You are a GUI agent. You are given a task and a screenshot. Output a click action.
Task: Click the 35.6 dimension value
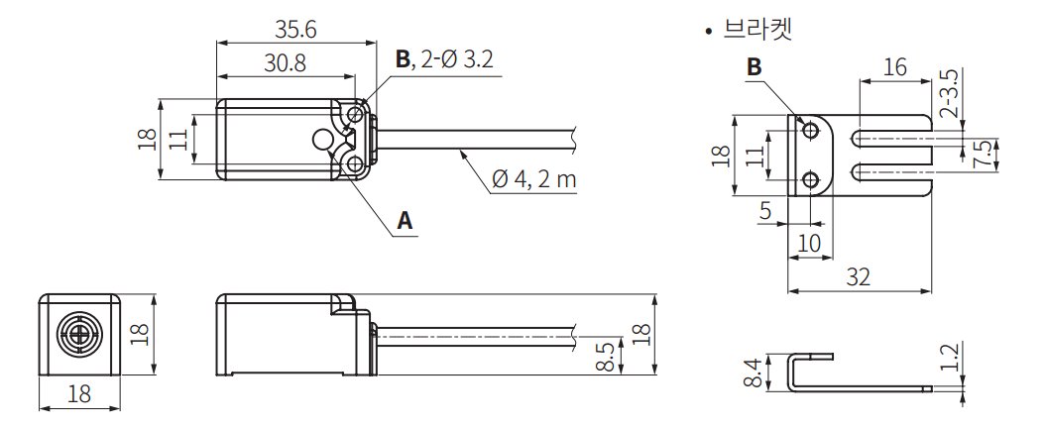295,30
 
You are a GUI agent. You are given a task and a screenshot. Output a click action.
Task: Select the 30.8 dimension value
285,63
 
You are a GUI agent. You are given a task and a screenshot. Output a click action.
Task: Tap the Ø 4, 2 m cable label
533,180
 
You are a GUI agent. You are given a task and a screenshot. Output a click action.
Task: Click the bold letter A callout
405,220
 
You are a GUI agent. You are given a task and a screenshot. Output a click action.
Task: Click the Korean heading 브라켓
757,31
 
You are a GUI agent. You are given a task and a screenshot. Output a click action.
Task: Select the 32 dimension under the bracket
860,276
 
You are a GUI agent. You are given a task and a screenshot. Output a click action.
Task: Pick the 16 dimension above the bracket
894,67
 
